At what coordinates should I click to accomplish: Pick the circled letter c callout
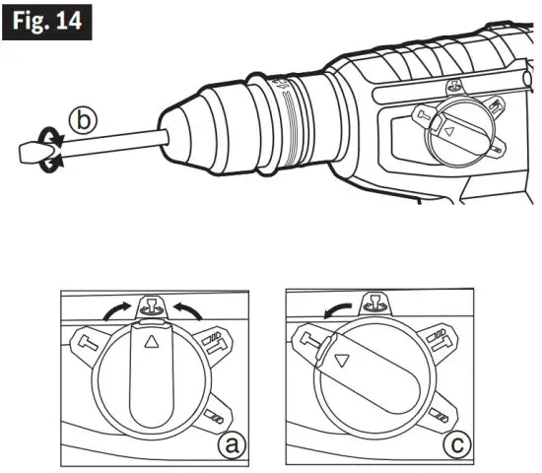coord(455,445)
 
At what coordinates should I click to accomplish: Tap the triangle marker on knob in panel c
coord(341,362)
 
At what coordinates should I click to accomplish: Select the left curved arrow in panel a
coord(117,311)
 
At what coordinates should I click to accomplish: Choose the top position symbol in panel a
coord(151,304)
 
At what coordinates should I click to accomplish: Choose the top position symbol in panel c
coord(375,303)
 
